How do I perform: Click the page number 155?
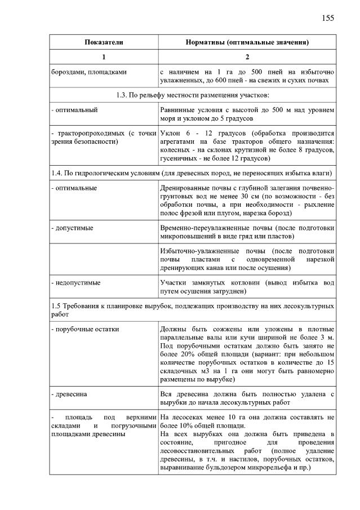[328, 18]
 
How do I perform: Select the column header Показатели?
[104, 42]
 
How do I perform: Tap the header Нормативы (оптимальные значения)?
[247, 42]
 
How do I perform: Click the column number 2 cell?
[247, 57]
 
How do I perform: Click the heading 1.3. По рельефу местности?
[192, 94]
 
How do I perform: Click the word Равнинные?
[178, 109]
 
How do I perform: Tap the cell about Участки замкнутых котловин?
[247, 286]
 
